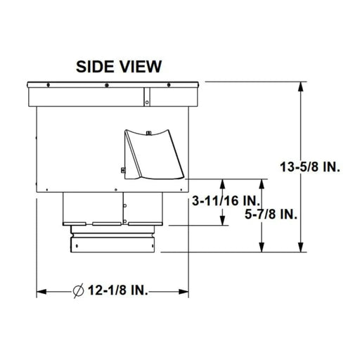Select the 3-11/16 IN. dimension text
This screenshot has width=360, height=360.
[224, 202]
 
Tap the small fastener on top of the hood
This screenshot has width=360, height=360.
[150, 131]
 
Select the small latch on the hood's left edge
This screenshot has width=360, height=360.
[122, 169]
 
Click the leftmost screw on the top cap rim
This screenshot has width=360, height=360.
[47, 86]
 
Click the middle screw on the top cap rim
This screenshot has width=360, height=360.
[105, 86]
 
